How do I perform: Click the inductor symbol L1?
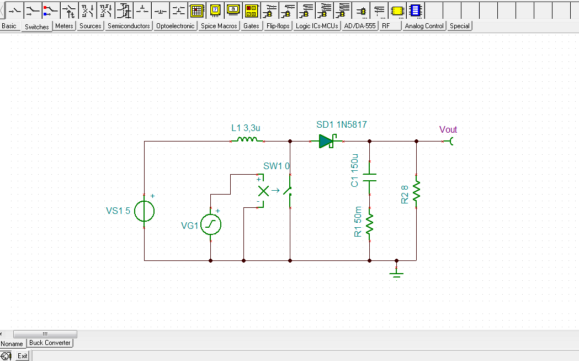246,140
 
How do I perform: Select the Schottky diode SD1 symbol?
327,142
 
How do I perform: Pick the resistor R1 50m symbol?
369,223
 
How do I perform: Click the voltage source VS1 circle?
145,211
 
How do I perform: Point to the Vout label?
448,129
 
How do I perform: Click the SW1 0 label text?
277,166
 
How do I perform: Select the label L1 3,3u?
245,128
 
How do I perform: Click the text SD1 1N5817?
341,125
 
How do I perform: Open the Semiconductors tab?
129,26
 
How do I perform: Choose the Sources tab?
90,26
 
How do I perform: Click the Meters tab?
64,26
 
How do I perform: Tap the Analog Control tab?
424,26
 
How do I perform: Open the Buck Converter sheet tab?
50,343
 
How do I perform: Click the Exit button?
22,356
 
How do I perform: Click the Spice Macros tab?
219,26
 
